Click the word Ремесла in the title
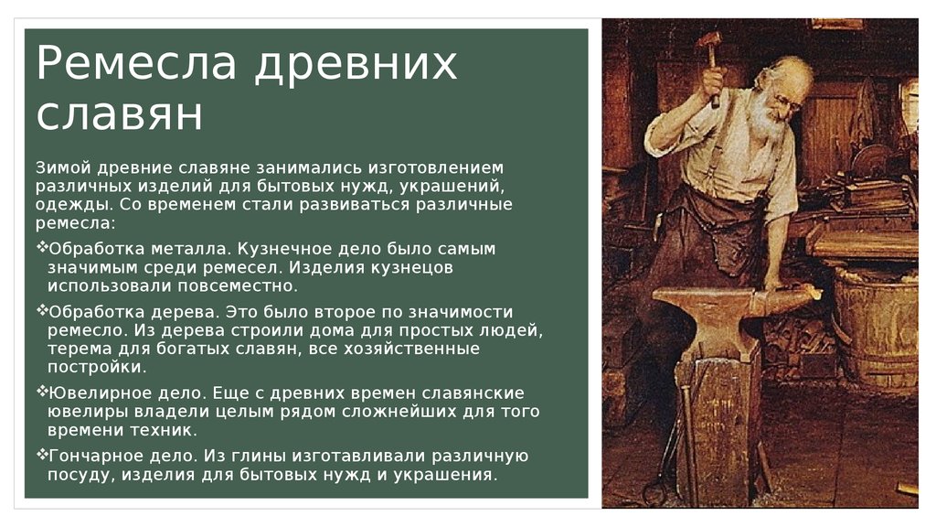point(137,63)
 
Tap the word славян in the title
point(120,114)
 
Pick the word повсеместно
point(237,285)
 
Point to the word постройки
point(97,368)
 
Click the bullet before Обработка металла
point(42,247)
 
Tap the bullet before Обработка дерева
point(42,310)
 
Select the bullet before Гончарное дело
point(42,454)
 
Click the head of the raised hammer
point(709,41)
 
